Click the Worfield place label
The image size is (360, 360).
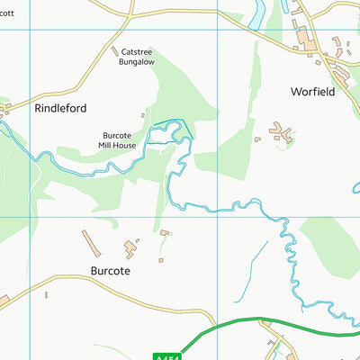tap(313, 92)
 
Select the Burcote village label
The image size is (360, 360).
tap(111, 270)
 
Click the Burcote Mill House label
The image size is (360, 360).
tap(118, 139)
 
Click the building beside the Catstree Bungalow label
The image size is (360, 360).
tap(114, 51)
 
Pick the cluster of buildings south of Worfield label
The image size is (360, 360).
tap(281, 136)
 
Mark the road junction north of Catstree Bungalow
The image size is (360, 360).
tap(130, 15)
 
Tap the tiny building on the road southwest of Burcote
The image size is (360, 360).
tap(46, 294)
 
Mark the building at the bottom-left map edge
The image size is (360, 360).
tap(4, 300)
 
